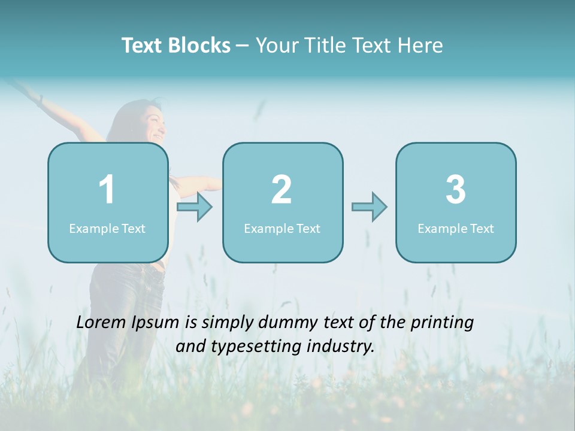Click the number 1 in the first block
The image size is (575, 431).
tap(107, 190)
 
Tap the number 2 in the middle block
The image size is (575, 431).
tap(282, 190)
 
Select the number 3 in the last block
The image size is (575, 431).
tap(456, 190)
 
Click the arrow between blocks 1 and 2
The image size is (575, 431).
tap(195, 207)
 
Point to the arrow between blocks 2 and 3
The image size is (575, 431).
tap(370, 207)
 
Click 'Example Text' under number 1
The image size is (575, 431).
tap(107, 229)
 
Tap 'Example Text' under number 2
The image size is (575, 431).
tap(282, 229)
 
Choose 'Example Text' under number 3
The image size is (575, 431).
tap(456, 229)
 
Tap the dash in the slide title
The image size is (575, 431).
tap(243, 46)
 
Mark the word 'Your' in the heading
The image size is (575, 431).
tap(277, 45)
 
